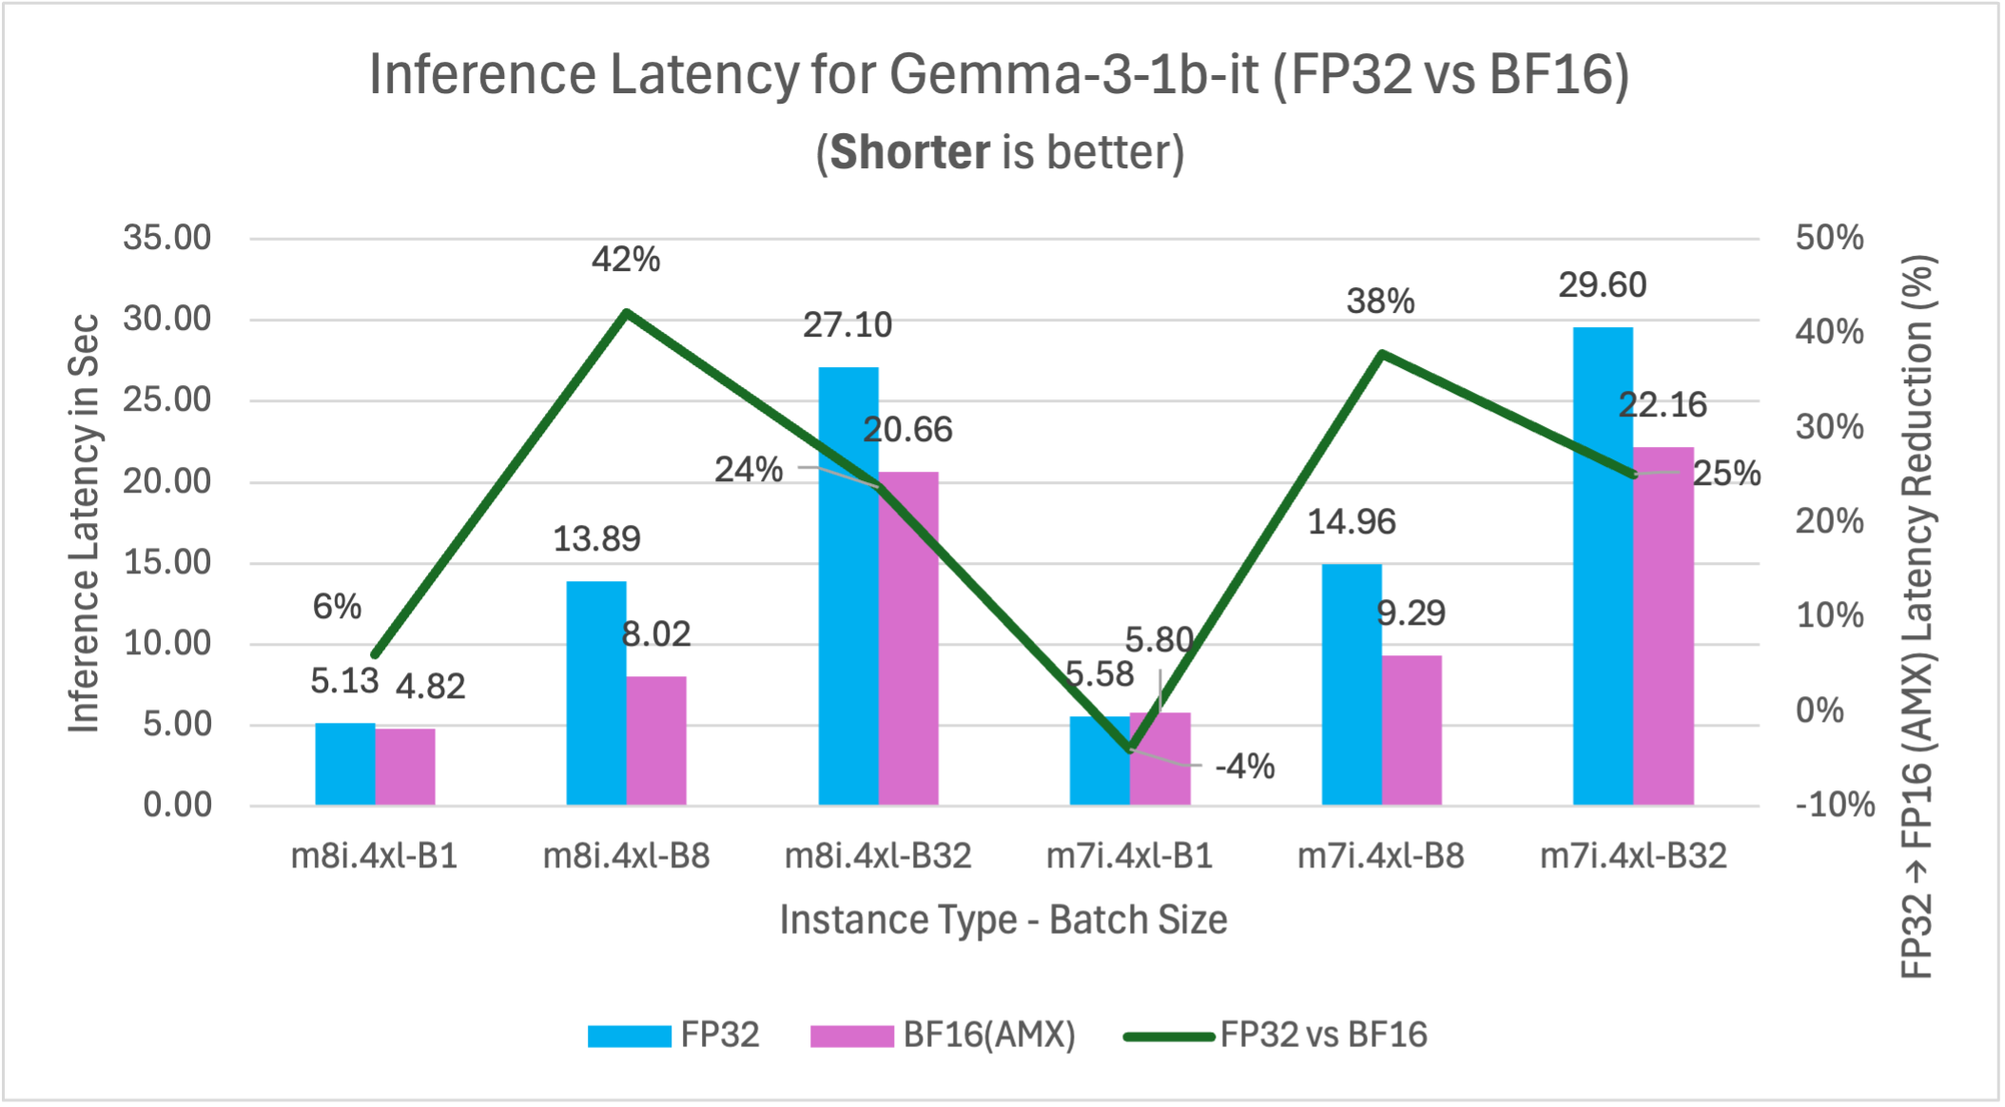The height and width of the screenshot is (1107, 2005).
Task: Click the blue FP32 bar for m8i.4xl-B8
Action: tap(596, 693)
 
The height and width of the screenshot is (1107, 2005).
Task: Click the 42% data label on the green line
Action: tap(626, 260)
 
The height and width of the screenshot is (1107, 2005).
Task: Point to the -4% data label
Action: tap(1244, 767)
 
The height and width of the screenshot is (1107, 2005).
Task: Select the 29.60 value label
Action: tap(1603, 285)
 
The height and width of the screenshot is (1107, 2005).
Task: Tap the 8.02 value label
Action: tap(656, 634)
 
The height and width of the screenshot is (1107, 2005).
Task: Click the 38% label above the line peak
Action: tap(1380, 302)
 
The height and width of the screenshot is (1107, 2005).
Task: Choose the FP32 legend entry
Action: tap(673, 1035)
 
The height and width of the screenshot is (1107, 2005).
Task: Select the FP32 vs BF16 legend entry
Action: tap(1275, 1035)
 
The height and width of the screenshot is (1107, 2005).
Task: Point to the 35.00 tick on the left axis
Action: tap(166, 238)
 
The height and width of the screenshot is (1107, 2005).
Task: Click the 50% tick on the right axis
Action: tap(1829, 238)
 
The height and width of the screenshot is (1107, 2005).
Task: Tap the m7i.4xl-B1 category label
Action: tap(1129, 856)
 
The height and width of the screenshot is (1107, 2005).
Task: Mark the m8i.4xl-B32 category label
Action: tap(878, 856)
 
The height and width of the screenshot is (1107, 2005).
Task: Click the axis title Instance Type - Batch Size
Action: tap(1003, 920)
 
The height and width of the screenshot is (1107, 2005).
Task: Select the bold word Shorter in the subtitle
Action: tap(910, 153)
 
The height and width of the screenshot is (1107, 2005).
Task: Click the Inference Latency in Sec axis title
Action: tap(84, 523)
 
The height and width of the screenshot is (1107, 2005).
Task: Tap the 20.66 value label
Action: tap(907, 430)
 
